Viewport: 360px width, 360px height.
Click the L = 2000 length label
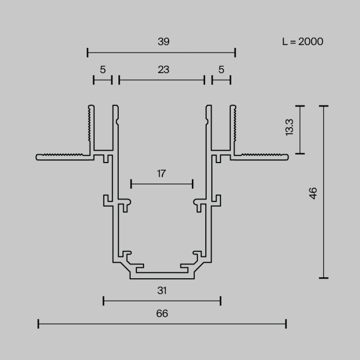tap(302, 42)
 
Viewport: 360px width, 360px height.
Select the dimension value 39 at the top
tap(163, 42)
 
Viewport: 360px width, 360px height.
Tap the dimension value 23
tap(163, 69)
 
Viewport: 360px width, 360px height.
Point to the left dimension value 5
tap(103, 69)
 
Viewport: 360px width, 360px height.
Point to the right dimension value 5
tap(221, 69)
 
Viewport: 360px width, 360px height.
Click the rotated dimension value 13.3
tap(289, 127)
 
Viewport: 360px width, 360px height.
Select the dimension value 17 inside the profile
tap(161, 173)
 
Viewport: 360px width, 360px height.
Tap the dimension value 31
tap(162, 291)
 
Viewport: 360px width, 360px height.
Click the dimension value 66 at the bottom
tap(162, 313)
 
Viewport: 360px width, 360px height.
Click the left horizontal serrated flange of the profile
tap(62, 156)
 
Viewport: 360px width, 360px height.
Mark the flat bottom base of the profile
tap(163, 276)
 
